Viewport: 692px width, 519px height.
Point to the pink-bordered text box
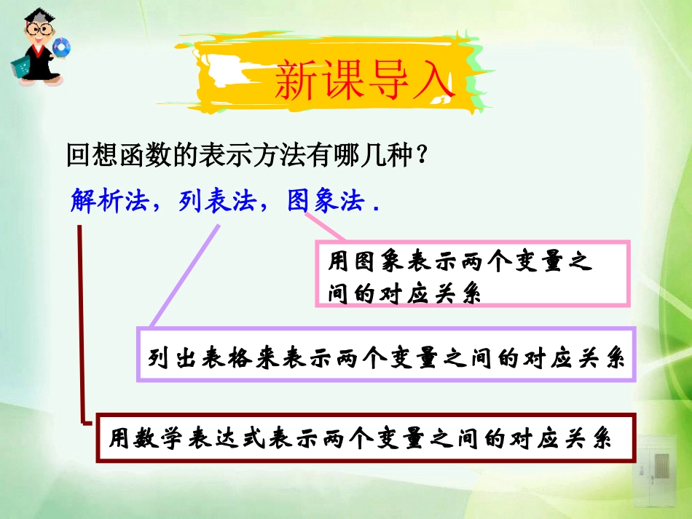[472, 274]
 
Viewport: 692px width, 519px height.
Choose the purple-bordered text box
[387, 354]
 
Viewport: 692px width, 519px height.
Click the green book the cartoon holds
[19, 66]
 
